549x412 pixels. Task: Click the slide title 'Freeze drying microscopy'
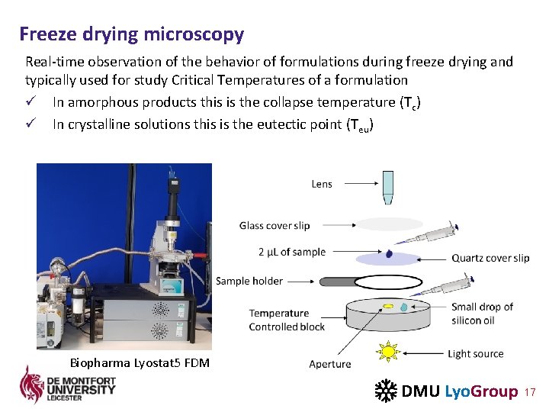(132, 34)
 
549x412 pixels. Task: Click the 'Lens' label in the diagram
(322, 184)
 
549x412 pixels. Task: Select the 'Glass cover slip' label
(274, 225)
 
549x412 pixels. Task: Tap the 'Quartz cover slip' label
(490, 258)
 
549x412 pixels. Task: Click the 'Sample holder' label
(249, 281)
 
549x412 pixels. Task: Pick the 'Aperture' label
(330, 364)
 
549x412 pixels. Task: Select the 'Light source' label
(475, 354)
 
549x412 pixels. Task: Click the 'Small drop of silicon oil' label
(482, 314)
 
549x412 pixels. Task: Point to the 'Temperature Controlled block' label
(287, 320)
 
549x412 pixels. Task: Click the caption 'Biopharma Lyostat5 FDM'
(140, 362)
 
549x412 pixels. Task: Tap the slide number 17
(531, 392)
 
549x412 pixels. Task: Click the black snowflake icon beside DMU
(385, 391)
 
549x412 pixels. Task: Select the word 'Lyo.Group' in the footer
(480, 391)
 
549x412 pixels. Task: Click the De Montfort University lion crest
(31, 385)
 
